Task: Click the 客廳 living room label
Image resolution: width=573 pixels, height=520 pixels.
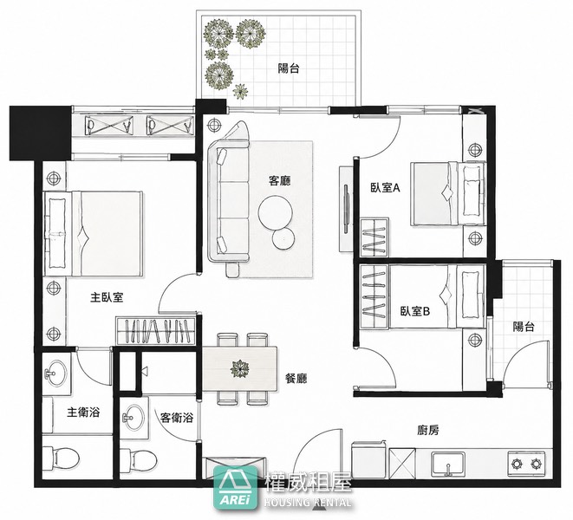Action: [279, 180]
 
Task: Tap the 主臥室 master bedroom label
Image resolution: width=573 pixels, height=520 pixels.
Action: [107, 297]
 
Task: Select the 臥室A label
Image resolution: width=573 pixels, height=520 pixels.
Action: [386, 188]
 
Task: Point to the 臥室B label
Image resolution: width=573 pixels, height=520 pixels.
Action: [415, 311]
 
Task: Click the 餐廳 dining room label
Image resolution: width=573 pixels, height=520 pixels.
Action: [296, 378]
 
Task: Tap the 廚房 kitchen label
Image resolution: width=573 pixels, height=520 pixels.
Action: [428, 431]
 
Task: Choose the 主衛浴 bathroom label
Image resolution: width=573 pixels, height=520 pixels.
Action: [83, 413]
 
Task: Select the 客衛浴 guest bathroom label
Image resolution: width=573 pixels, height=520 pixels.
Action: [177, 418]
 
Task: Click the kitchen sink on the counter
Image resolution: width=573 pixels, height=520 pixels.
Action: [447, 464]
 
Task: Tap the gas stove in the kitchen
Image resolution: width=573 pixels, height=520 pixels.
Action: [526, 464]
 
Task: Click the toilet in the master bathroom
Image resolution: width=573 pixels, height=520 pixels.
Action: [61, 457]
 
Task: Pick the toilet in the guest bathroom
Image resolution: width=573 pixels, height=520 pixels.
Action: [138, 458]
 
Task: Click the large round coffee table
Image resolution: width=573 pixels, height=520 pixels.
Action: [275, 212]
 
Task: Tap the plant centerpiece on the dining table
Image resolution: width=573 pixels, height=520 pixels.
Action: [239, 368]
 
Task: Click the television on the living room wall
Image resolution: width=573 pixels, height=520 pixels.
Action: [346, 208]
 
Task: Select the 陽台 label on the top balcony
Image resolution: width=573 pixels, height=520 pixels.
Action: [289, 68]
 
